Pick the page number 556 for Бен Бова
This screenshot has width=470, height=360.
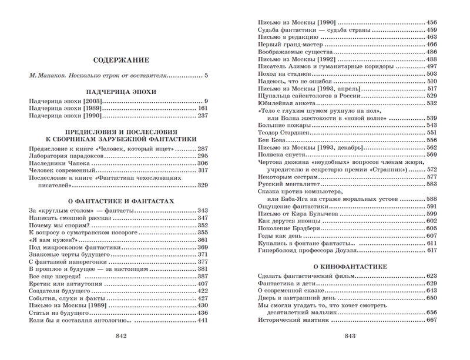(x=431, y=140)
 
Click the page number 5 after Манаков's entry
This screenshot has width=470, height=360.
(x=206, y=76)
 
